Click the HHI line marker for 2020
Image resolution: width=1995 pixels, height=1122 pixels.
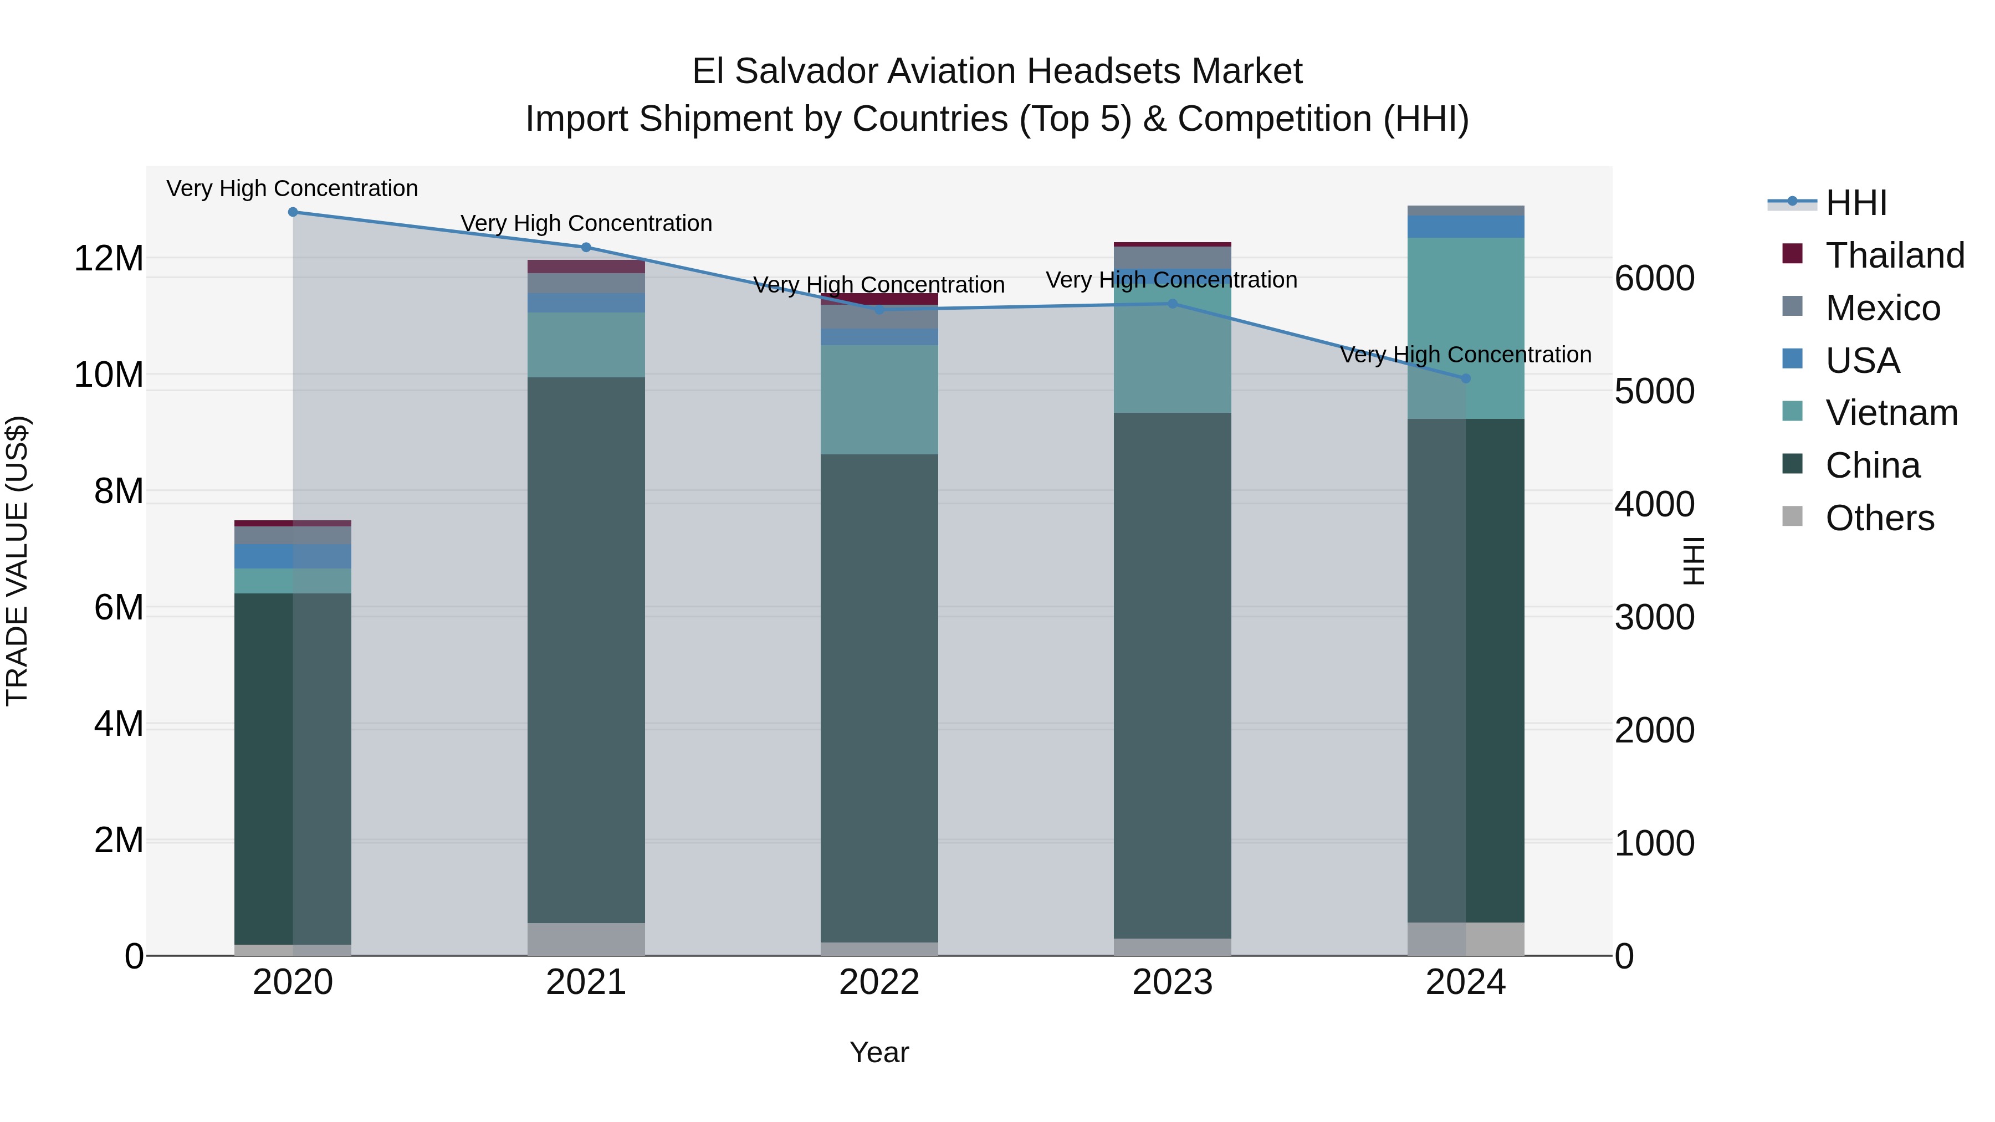pos(293,212)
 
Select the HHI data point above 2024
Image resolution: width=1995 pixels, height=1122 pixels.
pos(1465,378)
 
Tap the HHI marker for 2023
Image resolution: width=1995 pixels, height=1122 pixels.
pos(1172,304)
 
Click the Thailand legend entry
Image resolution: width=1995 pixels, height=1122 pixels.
pos(1894,255)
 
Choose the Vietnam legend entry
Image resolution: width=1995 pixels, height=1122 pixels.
pos(1891,413)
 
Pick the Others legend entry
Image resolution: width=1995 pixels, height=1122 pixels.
pos(1880,518)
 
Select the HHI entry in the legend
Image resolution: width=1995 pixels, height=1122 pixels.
pos(1855,203)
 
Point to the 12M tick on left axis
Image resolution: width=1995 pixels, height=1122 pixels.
pos(109,258)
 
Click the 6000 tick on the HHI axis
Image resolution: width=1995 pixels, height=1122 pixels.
pos(1654,278)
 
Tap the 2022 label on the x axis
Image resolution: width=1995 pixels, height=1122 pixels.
pos(879,982)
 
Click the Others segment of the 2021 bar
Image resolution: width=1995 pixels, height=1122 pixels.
pos(586,939)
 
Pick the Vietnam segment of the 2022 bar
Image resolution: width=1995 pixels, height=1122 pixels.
pos(879,399)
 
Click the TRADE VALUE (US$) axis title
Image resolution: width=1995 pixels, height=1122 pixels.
pos(18,561)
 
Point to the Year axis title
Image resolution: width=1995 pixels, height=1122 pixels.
pos(879,1052)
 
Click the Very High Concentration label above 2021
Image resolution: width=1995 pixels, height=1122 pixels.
pos(586,223)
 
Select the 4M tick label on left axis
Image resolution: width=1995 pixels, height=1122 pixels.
pos(119,724)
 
